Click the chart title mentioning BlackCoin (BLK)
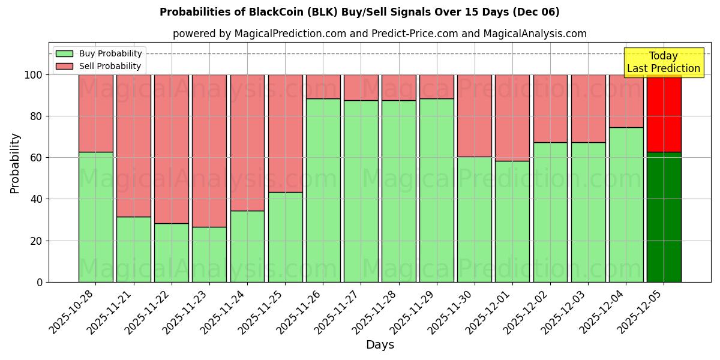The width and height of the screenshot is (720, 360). (x=359, y=12)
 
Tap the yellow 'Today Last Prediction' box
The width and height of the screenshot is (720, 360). (x=663, y=62)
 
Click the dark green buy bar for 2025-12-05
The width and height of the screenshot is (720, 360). (x=664, y=217)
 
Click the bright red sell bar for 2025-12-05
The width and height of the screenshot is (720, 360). (x=664, y=114)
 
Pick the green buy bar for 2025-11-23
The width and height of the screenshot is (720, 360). (x=209, y=254)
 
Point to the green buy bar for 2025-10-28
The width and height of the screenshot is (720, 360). (x=95, y=217)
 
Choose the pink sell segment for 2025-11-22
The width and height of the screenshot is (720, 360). (x=172, y=149)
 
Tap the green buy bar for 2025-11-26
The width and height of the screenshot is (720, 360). (x=323, y=190)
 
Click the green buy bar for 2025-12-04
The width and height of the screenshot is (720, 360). (x=626, y=205)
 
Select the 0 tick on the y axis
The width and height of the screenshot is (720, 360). (x=40, y=282)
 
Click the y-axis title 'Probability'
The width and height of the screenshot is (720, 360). (x=15, y=163)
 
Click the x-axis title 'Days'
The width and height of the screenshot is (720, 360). (x=380, y=345)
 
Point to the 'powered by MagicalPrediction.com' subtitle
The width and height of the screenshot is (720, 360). (x=379, y=34)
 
